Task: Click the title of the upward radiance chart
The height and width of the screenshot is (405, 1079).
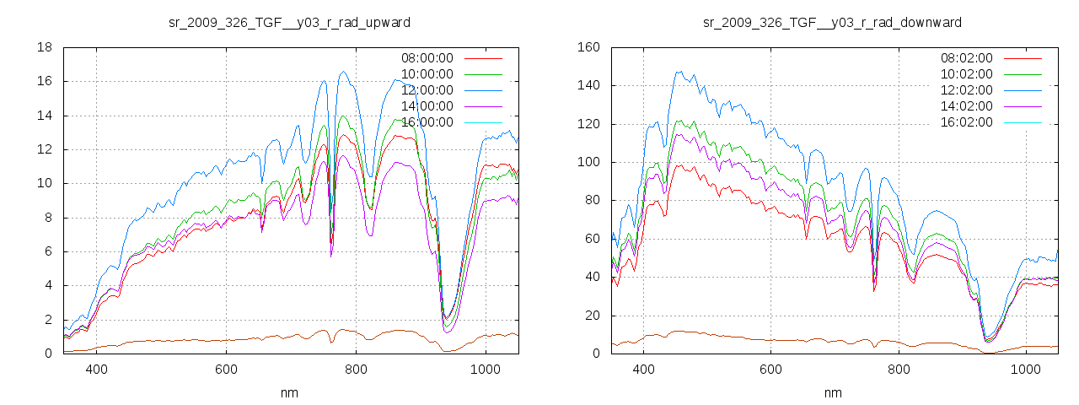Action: pos(289,22)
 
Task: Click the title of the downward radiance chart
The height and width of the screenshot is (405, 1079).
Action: pos(832,22)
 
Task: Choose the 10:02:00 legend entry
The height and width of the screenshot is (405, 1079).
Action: pos(966,74)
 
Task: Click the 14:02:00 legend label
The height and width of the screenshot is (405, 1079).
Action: pos(966,106)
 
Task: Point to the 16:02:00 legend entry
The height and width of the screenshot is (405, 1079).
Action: pos(966,122)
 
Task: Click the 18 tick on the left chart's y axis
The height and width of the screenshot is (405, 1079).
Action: pos(45,47)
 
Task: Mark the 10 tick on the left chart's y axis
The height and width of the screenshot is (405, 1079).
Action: pos(45,183)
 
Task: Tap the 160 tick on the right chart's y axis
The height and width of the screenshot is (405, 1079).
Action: pos(588,47)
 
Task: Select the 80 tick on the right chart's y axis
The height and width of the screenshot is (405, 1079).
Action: pos(591,201)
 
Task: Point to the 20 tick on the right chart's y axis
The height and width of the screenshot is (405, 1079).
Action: pos(591,316)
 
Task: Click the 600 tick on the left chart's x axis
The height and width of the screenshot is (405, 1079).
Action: pos(226,369)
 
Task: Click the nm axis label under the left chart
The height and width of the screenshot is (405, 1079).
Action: pos(289,393)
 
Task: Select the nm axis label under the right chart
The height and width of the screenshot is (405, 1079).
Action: pos(832,393)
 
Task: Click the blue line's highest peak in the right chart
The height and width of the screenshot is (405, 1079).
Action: pos(679,72)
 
